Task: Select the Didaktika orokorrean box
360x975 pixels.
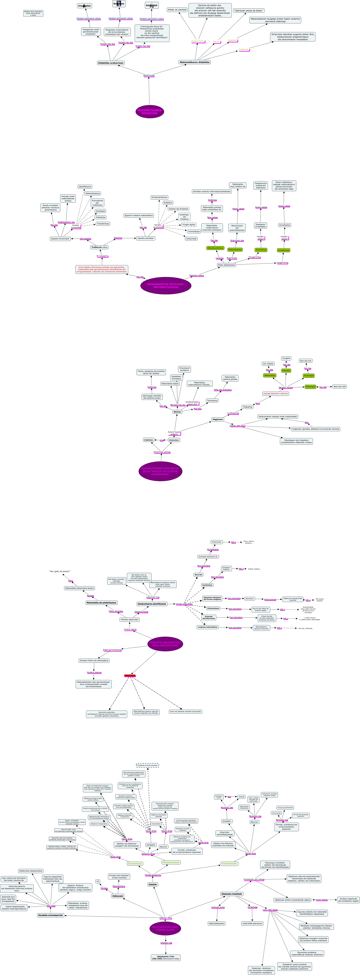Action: pos(111,63)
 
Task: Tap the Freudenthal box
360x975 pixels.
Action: pos(84,6)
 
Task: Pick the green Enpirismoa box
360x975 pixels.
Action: pos(261,250)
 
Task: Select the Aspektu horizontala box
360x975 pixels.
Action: pos(60,239)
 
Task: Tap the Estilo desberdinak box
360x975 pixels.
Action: pos(226,265)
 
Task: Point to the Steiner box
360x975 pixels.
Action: pos(177,412)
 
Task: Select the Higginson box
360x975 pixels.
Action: pos(218,419)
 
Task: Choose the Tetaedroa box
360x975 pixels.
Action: pos(247,407)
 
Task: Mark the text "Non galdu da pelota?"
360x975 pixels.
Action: pos(60,571)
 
